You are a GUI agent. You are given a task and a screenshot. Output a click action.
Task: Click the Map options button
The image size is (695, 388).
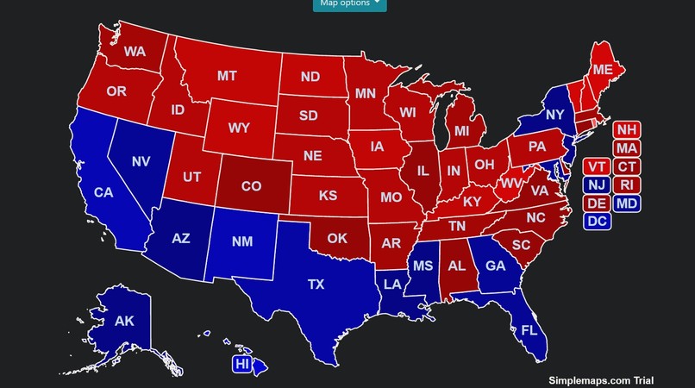click(x=349, y=3)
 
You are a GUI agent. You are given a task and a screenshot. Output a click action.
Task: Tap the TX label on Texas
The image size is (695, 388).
click(x=316, y=284)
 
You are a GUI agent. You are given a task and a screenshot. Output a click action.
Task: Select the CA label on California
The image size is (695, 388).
click(x=103, y=192)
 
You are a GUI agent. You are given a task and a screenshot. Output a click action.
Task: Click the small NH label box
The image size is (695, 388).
click(x=627, y=130)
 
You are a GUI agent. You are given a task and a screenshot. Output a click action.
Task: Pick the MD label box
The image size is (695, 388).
click(x=627, y=203)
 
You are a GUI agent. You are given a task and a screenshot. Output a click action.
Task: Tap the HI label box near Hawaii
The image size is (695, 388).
click(x=242, y=365)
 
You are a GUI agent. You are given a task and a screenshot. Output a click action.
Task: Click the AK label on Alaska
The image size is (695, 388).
click(x=124, y=321)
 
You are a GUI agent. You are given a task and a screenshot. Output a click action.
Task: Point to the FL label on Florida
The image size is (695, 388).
click(x=529, y=330)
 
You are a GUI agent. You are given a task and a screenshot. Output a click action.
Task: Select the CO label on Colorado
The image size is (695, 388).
click(x=250, y=185)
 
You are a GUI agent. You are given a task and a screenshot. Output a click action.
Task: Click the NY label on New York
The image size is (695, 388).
click(x=555, y=115)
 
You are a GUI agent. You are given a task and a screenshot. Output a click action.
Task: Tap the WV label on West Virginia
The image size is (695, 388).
click(x=511, y=183)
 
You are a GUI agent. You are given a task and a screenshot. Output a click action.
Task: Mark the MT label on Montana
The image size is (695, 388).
click(x=227, y=76)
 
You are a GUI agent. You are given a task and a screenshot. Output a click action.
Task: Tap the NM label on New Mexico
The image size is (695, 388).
click(x=242, y=241)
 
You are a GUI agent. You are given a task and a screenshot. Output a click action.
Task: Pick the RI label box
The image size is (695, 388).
click(x=627, y=185)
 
